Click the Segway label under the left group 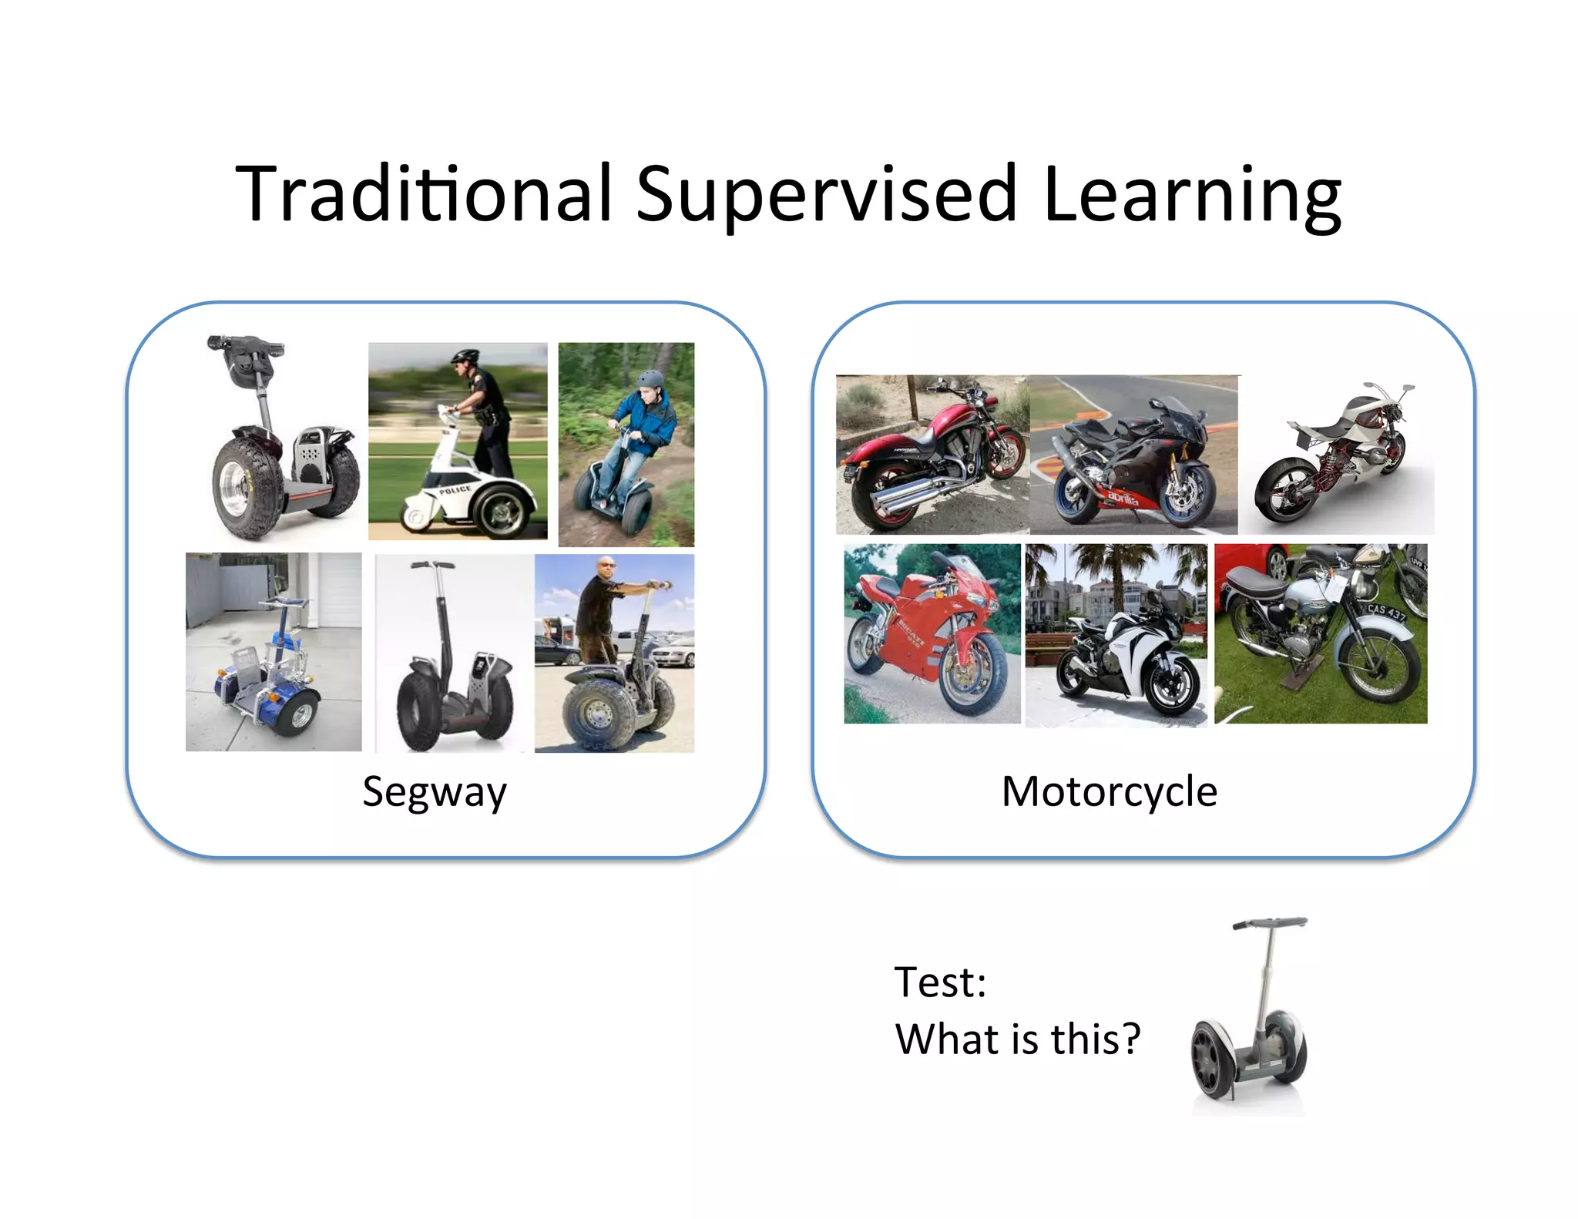coord(435,792)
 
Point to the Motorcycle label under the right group coord(1109,791)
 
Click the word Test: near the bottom coord(940,982)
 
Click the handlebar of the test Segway coord(1270,923)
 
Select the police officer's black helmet coord(464,357)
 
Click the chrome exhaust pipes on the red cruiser coord(909,494)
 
